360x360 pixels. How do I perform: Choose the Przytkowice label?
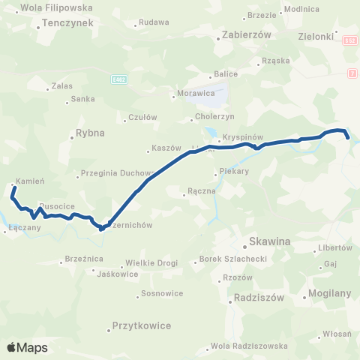pyautogui.click(x=141, y=325)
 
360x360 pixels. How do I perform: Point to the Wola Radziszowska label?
pyautogui.click(x=250, y=346)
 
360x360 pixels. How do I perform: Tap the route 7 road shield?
pyautogui.click(x=352, y=72)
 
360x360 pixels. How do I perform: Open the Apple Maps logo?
pyautogui.click(x=27, y=347)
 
